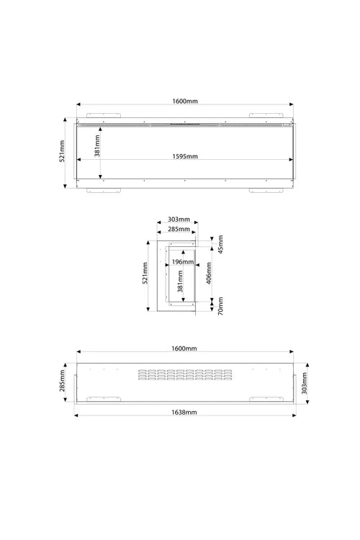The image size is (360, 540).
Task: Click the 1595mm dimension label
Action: click(185, 156)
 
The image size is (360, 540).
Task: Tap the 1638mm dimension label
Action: click(184, 413)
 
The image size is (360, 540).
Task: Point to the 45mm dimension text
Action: click(221, 244)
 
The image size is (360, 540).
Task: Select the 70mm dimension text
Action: click(221, 306)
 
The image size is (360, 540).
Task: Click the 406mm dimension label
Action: click(209, 273)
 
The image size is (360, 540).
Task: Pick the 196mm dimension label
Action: click(183, 262)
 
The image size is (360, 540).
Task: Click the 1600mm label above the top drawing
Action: click(185, 102)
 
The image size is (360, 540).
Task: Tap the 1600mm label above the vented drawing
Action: click(184, 348)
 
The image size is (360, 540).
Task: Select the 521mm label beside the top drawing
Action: click(62, 151)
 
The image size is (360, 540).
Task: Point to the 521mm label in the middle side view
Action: click(145, 273)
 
